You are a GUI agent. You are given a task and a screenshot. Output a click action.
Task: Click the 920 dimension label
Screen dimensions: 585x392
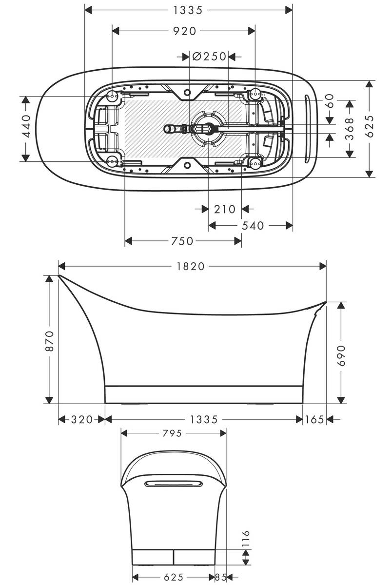point(183,31)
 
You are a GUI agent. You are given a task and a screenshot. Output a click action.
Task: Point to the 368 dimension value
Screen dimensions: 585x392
point(350,129)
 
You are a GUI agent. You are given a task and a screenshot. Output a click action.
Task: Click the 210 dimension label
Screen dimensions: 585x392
point(225,209)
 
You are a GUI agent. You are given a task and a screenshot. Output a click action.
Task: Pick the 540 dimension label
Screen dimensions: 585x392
point(253,225)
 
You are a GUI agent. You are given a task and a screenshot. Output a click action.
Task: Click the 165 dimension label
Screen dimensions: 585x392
point(314,420)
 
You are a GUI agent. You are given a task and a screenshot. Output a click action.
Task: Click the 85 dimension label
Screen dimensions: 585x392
point(221,577)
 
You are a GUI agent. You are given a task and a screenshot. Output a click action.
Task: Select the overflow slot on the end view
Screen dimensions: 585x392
point(174,483)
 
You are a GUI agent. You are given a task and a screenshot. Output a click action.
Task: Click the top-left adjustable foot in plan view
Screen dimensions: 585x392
point(112,96)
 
